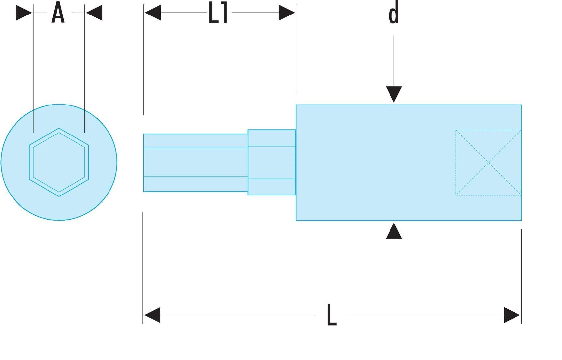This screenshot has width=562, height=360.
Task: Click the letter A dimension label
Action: pos(58,12)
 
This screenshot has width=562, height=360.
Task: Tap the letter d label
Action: pos(394,12)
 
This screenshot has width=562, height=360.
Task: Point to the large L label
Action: pos(332,315)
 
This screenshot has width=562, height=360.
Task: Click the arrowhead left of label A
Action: pos(24,13)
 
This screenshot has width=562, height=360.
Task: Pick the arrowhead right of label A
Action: pos(94,13)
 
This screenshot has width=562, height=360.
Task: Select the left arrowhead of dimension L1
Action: pos(153,13)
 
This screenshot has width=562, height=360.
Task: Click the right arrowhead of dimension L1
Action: pos(287,13)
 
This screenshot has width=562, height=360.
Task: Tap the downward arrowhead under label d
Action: pos(394,94)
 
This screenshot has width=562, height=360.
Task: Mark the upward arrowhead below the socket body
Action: pos(394,231)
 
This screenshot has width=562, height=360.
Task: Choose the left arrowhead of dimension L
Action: pos(152,315)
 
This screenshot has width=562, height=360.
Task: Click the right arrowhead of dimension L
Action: pos(512,315)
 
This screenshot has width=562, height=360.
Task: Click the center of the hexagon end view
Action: pos(59,162)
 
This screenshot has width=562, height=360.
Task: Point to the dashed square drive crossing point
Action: pos(489,163)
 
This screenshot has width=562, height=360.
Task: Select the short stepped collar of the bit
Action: pos(272,162)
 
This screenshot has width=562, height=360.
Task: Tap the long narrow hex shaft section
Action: pos(196,163)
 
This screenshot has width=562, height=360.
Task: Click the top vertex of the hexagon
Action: pos(59,128)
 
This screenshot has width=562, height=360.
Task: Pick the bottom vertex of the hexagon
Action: pos(59,196)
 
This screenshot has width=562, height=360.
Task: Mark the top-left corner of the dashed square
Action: pos(456,130)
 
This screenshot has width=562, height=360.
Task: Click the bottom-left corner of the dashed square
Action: pos(456,195)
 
